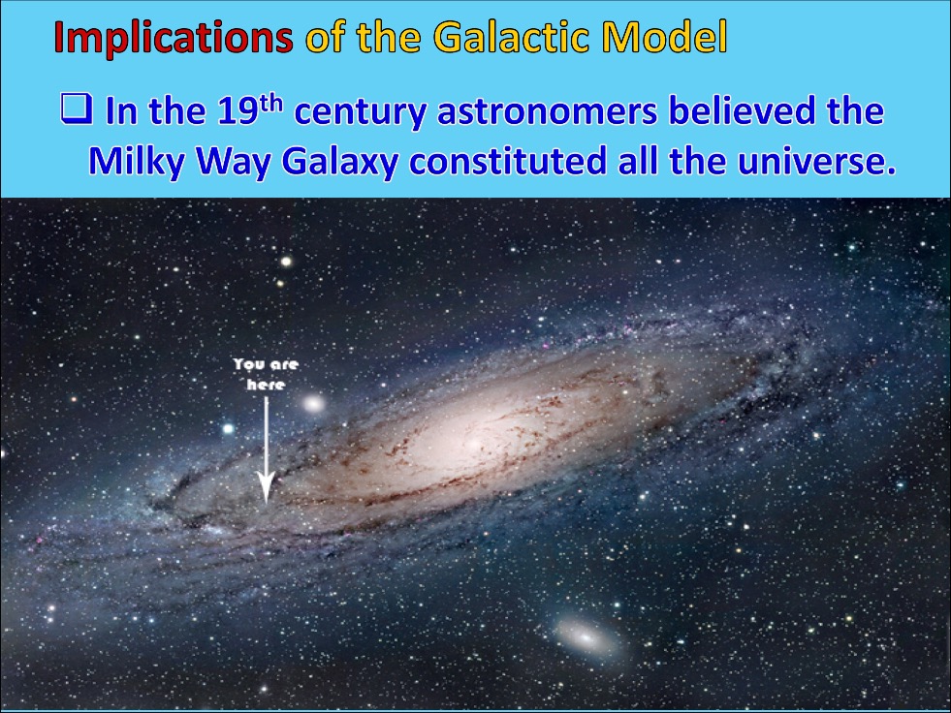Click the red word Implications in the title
click(x=174, y=39)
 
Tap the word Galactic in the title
click(x=513, y=37)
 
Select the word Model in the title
click(x=665, y=37)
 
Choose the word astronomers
click(x=547, y=112)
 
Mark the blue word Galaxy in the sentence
click(x=339, y=163)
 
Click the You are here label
click(x=266, y=374)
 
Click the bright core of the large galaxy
click(x=474, y=442)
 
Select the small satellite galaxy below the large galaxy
click(x=586, y=637)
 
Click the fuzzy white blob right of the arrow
click(x=313, y=403)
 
